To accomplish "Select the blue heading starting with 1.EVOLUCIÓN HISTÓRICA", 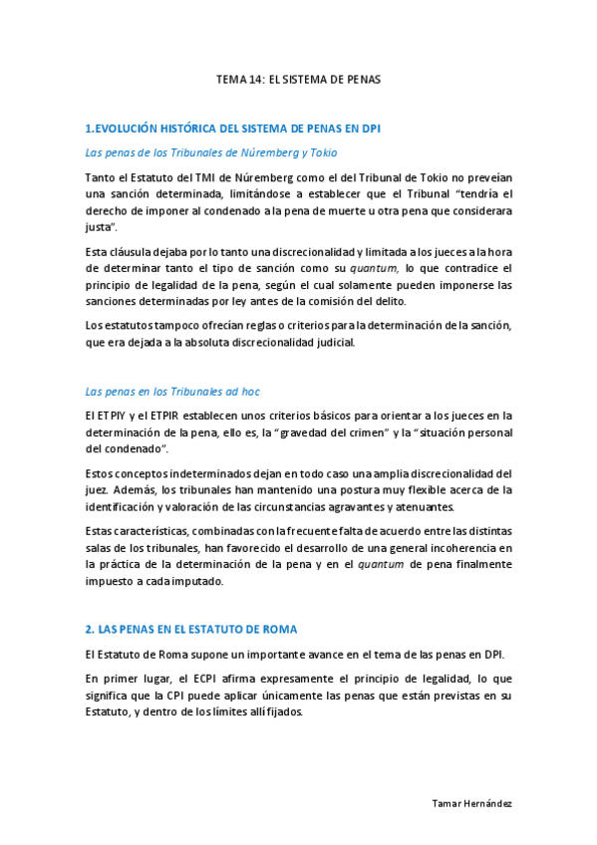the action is (x=233, y=129).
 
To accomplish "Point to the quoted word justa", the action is (x=101, y=227).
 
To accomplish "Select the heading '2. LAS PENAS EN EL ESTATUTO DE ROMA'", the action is (x=191, y=630).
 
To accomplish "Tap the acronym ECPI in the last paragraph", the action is (x=196, y=679).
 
